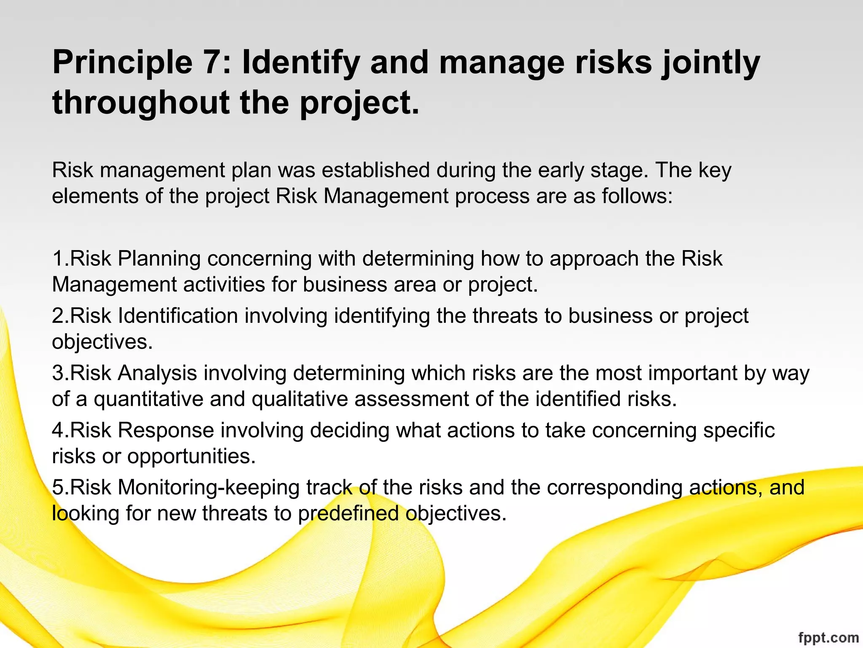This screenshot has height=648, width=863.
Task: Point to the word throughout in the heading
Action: (141, 103)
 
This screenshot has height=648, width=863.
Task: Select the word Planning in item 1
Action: (159, 259)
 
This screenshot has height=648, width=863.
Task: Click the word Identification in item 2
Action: (178, 316)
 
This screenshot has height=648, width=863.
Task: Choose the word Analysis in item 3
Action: (157, 373)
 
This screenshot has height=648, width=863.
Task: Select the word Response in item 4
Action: (166, 431)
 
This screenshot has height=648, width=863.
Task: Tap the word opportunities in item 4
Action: (191, 456)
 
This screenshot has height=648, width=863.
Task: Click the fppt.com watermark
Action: (828, 638)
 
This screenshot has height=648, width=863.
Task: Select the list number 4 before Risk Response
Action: (58, 431)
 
